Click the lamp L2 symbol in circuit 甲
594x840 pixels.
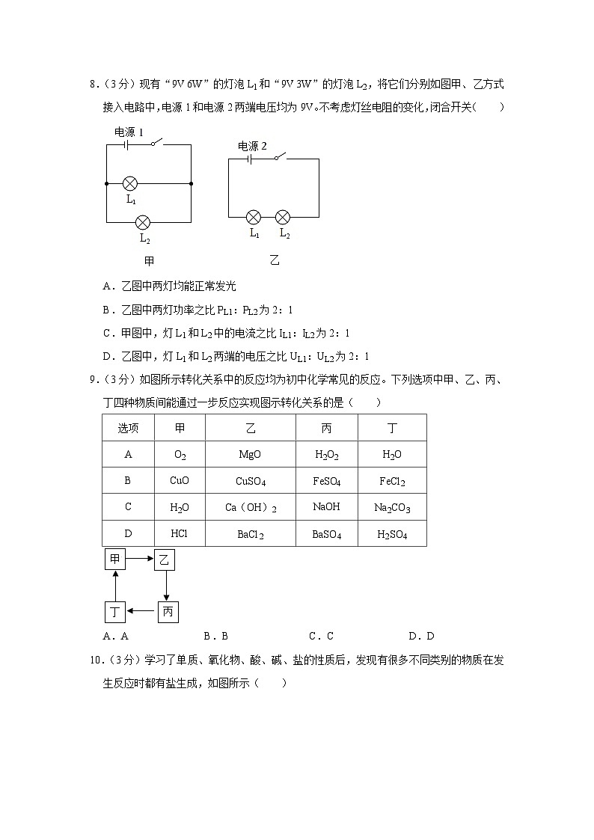coord(142,222)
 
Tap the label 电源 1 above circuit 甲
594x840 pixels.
coord(129,132)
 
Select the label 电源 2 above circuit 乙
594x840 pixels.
coord(252,146)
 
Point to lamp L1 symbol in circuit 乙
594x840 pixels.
coord(254,217)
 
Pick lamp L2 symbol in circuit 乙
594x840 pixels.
coord(283,217)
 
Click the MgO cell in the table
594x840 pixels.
coord(250,454)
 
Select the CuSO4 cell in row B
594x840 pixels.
coord(250,481)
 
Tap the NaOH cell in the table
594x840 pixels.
coord(326,507)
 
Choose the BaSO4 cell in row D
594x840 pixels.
coord(326,534)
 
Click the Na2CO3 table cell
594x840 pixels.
coord(392,508)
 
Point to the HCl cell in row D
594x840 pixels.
coord(180,534)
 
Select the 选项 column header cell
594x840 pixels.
coord(128,428)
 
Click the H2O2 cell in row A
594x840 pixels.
coord(326,454)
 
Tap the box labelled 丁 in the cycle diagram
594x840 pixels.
coord(114,613)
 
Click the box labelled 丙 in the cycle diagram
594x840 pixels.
coord(168,613)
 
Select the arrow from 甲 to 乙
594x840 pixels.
coord(139,559)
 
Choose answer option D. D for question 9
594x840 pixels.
coord(421,637)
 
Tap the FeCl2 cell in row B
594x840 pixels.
coord(392,481)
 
